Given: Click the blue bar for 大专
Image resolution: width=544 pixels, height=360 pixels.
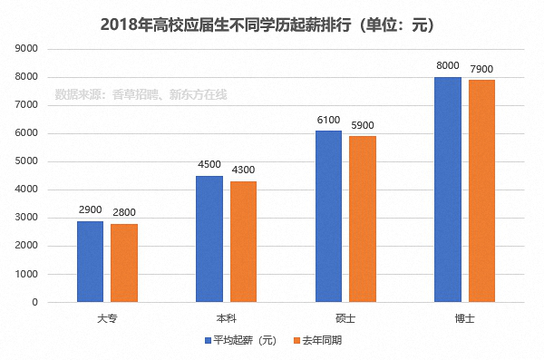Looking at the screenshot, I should (90, 261).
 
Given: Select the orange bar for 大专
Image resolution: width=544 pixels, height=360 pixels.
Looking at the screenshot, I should (124, 263).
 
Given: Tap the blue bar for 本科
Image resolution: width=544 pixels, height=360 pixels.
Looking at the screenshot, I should (209, 238).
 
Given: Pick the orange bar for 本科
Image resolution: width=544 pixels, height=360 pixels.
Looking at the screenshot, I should (243, 241).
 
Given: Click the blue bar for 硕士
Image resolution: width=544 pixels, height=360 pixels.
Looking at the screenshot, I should (328, 216).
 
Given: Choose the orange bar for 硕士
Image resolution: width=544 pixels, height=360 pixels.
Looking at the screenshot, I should (363, 219).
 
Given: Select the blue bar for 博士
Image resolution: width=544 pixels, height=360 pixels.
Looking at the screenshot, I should (448, 190).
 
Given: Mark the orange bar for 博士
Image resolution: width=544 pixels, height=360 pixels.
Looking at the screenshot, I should (481, 190).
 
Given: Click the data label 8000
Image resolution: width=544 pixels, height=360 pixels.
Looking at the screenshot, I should (448, 66).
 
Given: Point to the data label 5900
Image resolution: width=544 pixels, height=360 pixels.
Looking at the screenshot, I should (363, 125).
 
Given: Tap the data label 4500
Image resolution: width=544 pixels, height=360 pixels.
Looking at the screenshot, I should (209, 165).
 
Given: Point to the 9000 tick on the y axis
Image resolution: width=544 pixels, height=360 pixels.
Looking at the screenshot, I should (27, 48).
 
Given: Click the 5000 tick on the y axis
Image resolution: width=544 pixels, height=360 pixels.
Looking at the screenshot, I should (27, 161).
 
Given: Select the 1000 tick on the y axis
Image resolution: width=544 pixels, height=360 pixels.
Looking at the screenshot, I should (27, 274).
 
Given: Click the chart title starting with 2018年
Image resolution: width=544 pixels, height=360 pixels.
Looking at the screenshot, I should (272, 22).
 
